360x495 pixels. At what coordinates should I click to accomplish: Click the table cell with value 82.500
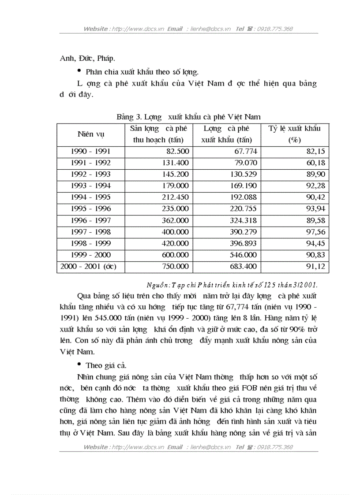pyautogui.click(x=177, y=152)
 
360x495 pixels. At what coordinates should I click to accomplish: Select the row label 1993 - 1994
pyautogui.click(x=90, y=186)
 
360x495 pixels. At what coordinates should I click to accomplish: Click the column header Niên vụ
pyautogui.click(x=90, y=134)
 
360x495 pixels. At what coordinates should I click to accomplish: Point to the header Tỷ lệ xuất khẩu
pyautogui.click(x=294, y=129)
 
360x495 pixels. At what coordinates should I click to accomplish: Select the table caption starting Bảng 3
pyautogui.click(x=188, y=117)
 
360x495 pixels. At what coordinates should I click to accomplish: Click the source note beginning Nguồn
pyautogui.click(x=232, y=285)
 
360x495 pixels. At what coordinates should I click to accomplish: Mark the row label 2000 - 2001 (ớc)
pyautogui.click(x=90, y=267)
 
